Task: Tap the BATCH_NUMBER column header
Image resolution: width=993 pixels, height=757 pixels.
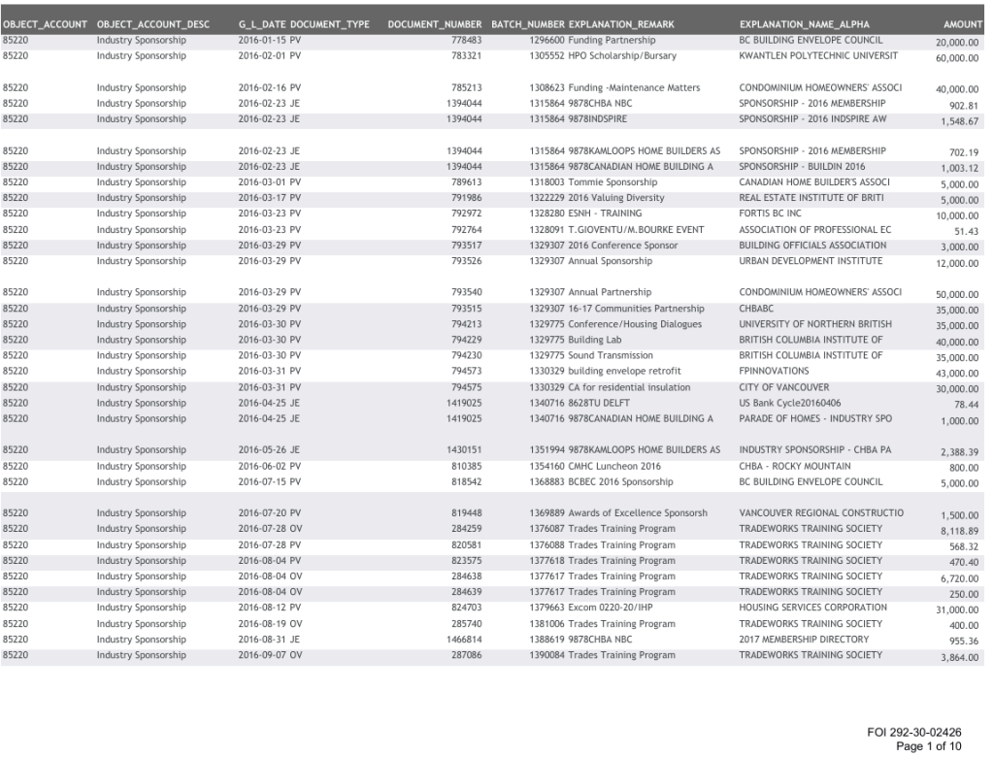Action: click(x=527, y=23)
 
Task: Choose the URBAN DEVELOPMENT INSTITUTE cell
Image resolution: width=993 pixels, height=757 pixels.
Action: click(x=811, y=261)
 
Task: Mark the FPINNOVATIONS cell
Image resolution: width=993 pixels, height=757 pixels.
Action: click(x=774, y=372)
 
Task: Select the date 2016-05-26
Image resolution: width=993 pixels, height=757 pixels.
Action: click(x=262, y=450)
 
